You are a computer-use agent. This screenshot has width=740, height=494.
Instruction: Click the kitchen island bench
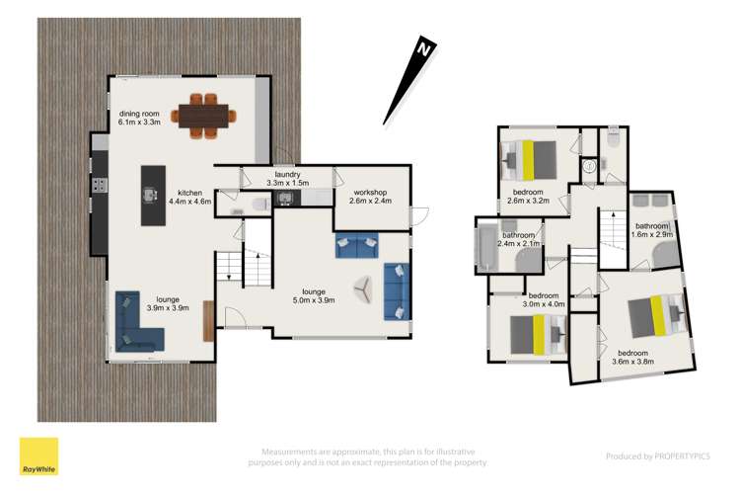[152, 194]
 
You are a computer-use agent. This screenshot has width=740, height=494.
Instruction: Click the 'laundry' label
[286, 173]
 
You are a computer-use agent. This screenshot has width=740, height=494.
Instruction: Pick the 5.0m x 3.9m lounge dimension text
[313, 300]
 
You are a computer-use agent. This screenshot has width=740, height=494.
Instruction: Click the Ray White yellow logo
[38, 456]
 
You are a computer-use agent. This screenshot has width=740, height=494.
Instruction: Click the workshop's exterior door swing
[418, 216]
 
